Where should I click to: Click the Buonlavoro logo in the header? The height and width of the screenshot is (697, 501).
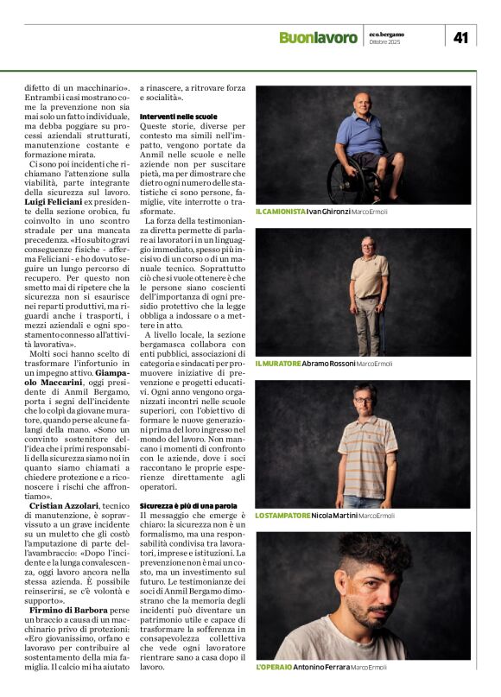317,37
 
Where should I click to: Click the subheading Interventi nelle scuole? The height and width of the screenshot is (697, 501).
178,116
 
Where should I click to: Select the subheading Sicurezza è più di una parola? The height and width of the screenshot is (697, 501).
188,505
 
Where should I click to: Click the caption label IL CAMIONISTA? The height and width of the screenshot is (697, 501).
281,212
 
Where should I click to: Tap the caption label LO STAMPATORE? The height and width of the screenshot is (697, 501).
282,516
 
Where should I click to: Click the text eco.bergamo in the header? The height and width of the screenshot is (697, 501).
387,34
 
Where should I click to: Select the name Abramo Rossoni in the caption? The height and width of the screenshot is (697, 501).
327,364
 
